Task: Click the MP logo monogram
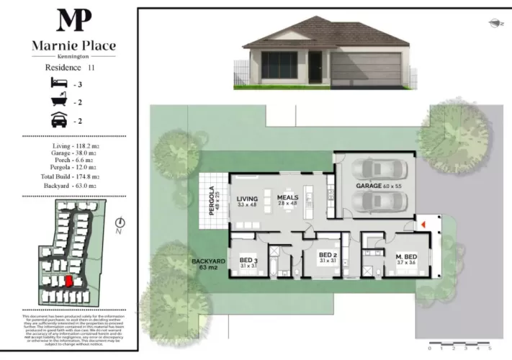tap(73, 20)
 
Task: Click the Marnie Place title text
tap(73, 45)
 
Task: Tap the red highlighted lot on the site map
tap(69, 282)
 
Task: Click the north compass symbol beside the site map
tap(120, 225)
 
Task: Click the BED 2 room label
tap(328, 256)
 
